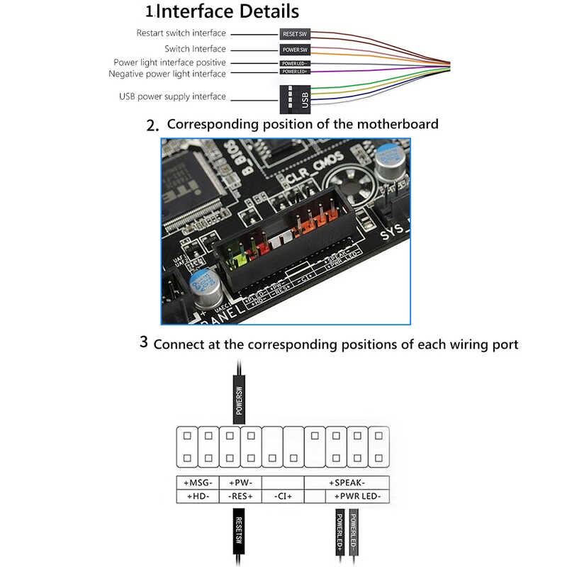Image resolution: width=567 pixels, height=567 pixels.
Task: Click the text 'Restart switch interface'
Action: tap(181, 33)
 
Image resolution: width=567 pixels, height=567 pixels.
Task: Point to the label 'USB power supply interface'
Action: tap(172, 96)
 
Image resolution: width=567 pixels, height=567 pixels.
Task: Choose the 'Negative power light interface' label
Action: tap(167, 74)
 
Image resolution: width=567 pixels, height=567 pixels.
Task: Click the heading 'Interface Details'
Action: tap(227, 12)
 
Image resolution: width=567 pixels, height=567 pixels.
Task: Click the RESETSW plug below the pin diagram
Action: tap(240, 532)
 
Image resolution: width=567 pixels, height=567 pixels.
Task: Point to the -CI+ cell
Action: tap(283, 497)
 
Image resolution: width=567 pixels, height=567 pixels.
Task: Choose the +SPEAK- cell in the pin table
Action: tap(347, 483)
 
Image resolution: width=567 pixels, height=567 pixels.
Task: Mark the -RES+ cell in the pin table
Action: tap(240, 497)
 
